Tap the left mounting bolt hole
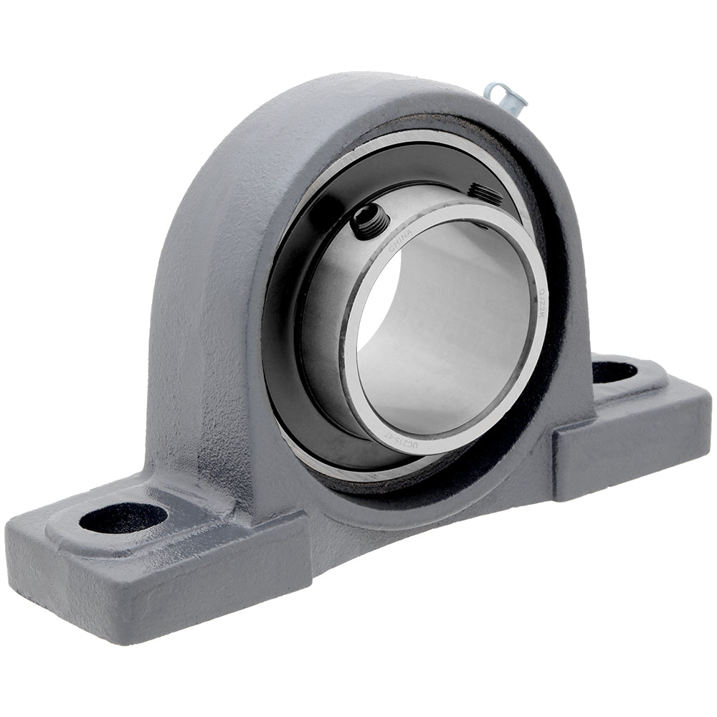point(123,518)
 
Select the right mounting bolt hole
point(614,371)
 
